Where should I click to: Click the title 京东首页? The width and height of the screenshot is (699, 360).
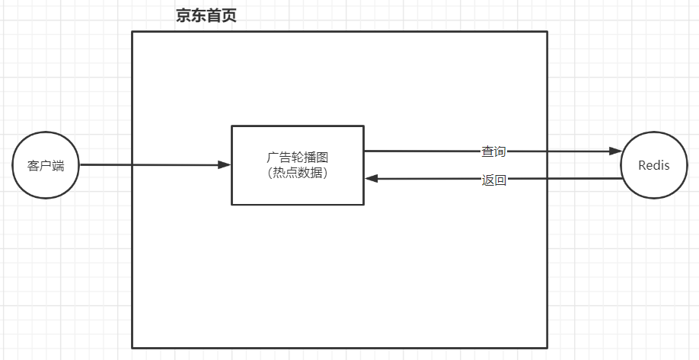[206, 16]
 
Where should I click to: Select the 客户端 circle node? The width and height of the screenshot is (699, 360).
[46, 164]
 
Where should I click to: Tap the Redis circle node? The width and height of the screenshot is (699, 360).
[654, 164]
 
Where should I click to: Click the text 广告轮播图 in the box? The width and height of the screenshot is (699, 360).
[298, 158]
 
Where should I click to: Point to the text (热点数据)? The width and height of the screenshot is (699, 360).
[298, 173]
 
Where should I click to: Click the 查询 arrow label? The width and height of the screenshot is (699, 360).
[493, 151]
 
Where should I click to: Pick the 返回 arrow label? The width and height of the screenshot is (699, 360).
[493, 180]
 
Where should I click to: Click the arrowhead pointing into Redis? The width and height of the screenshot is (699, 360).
[615, 151]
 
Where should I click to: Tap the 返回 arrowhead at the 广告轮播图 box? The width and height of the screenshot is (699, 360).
[372, 179]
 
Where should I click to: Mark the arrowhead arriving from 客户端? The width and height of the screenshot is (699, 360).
[225, 164]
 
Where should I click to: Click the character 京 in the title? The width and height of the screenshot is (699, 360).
[184, 16]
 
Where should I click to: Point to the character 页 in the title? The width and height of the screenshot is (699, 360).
[229, 16]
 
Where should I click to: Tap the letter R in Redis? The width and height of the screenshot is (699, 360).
[642, 165]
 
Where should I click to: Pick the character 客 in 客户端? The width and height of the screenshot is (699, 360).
[34, 165]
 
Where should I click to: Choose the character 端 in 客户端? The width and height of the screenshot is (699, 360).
[59, 165]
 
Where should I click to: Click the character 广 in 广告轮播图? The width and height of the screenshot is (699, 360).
[273, 158]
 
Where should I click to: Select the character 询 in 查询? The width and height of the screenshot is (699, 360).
[500, 151]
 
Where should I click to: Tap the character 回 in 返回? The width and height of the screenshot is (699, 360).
[500, 180]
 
